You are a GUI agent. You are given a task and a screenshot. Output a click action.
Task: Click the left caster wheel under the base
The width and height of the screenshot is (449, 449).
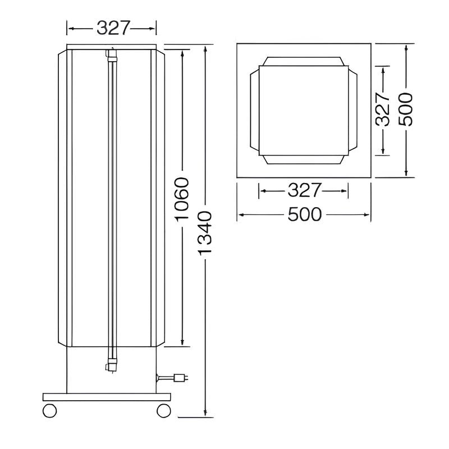49,410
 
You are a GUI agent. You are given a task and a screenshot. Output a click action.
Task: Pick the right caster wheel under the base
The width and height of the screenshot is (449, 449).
163,410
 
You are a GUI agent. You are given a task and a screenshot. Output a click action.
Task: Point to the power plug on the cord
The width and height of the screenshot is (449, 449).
181,377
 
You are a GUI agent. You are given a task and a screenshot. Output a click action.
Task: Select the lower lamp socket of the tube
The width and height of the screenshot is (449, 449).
111,365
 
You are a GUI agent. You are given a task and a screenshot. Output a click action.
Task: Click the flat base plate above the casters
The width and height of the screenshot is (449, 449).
106,397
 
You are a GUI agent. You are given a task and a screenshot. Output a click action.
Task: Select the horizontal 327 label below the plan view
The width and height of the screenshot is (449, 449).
304,191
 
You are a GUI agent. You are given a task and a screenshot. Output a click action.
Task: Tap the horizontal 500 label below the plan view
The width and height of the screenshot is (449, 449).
304,214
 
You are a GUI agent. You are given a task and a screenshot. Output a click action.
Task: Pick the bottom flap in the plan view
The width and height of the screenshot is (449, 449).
304,159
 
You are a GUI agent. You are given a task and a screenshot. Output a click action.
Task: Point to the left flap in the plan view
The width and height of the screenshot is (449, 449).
254,110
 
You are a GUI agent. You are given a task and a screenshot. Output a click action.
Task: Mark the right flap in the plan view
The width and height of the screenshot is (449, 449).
352,110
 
